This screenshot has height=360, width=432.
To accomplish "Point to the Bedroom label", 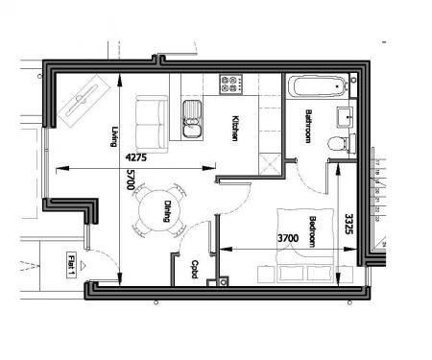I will pyautogui.click(x=313, y=232).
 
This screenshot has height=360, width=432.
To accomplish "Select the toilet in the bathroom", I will pyautogui.click(x=336, y=144).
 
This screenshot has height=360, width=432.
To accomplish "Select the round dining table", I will pyautogui.click(x=156, y=210).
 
